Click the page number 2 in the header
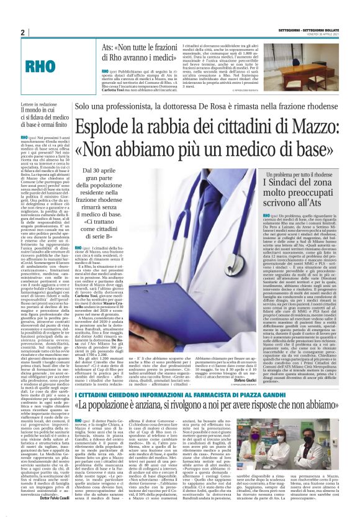(x=23, y=32)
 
